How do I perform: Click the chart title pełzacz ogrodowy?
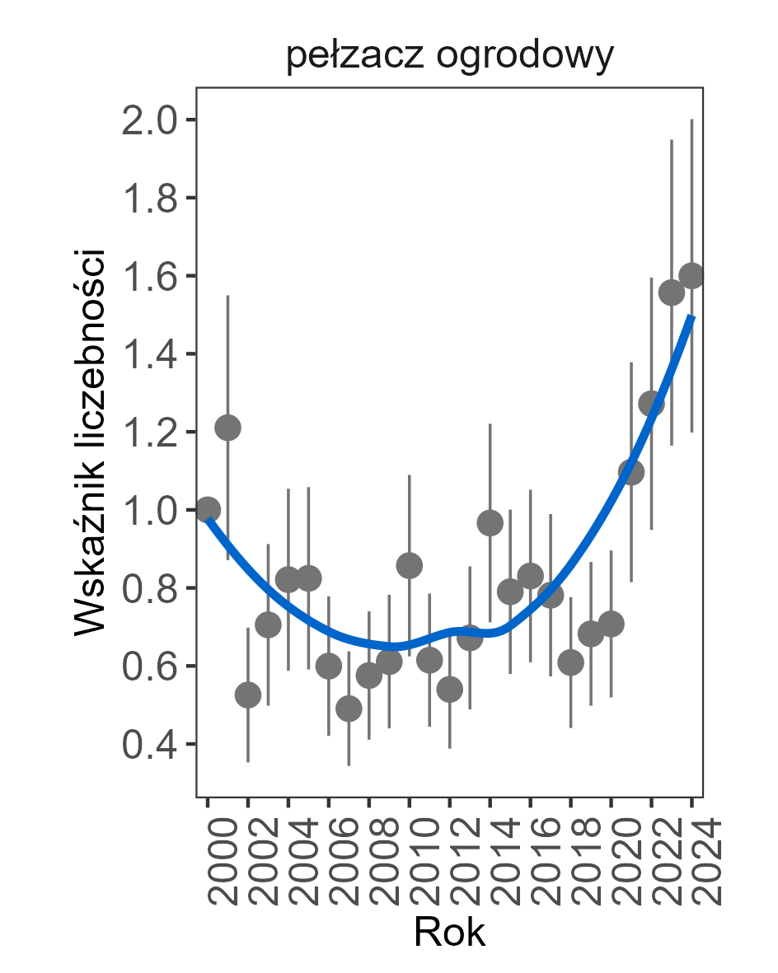point(450,58)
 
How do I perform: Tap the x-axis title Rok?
point(449,933)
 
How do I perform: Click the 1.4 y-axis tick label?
point(148,354)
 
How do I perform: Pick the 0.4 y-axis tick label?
point(148,745)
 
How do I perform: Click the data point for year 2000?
point(208,509)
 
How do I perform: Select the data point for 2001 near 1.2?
point(227,428)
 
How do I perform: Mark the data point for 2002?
point(248,695)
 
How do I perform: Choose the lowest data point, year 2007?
point(349,709)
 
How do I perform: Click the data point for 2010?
point(410,565)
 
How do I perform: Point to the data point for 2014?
point(490,523)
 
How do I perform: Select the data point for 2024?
point(692,275)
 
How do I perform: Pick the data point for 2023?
point(672,292)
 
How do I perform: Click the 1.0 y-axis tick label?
point(148,510)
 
